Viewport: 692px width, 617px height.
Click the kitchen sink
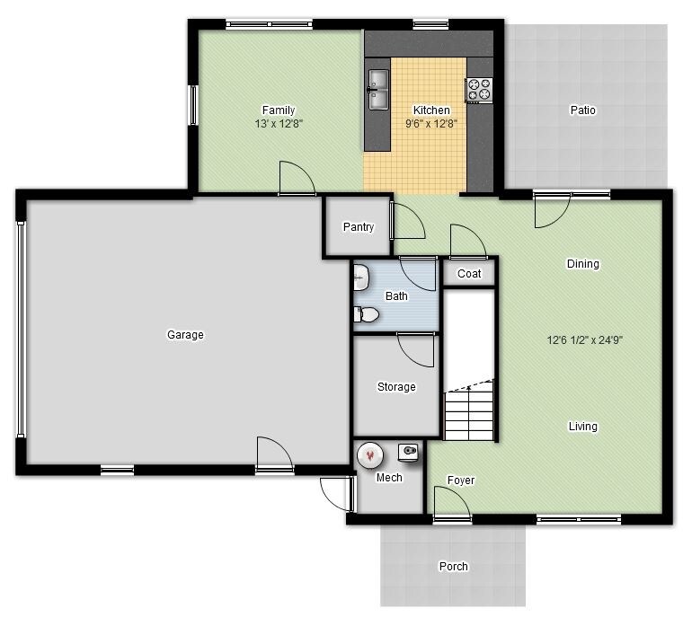click(x=377, y=89)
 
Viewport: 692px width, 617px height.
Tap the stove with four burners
click(x=478, y=89)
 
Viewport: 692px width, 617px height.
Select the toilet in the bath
click(x=366, y=314)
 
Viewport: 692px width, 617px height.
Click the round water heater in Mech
click(x=368, y=455)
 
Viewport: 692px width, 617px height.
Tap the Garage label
click(x=185, y=335)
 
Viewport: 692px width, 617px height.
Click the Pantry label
click(x=358, y=227)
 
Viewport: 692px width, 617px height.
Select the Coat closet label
click(x=469, y=274)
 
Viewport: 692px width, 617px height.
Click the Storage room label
click(x=395, y=387)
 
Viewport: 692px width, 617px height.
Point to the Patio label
click(x=582, y=110)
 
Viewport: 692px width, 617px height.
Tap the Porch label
click(x=453, y=567)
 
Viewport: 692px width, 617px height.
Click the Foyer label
click(x=461, y=480)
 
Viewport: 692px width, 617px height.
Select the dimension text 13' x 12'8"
click(x=279, y=124)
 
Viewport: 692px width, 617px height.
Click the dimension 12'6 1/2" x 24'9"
click(x=585, y=340)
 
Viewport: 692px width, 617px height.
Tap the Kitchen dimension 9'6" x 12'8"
click(x=431, y=124)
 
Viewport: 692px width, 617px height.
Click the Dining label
click(x=582, y=264)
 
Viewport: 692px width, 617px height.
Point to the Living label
click(x=582, y=427)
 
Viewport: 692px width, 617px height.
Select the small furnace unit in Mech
click(x=410, y=452)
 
